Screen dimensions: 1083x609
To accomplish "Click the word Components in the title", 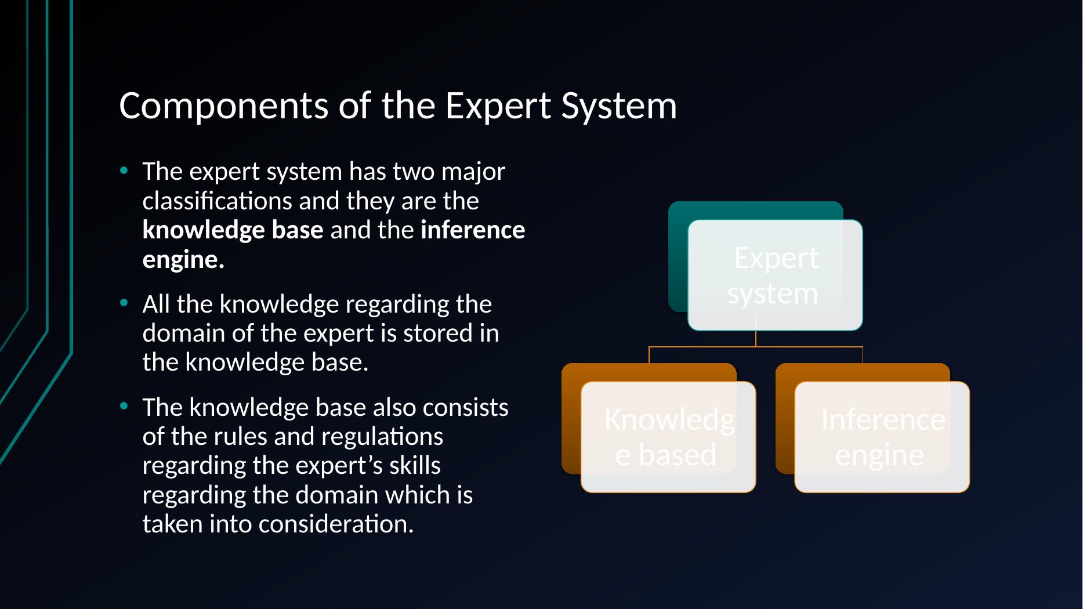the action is (x=223, y=107).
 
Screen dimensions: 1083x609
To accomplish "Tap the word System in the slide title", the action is (x=620, y=107).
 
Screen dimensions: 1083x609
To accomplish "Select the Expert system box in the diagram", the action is (x=775, y=275).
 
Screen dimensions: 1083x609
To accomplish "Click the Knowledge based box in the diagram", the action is (x=668, y=437).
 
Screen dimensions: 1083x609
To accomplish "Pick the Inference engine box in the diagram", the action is (x=882, y=437).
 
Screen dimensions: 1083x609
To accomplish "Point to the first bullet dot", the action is (x=123, y=171).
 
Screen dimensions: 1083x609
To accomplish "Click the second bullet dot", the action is (x=123, y=303).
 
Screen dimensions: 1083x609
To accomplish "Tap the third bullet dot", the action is (x=123, y=407).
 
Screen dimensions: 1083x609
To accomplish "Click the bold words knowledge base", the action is (x=233, y=230).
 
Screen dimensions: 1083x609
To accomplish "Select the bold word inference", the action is (x=473, y=230).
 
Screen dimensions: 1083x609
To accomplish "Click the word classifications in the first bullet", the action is (x=218, y=201).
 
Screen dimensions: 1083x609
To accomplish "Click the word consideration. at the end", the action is (x=336, y=524).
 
